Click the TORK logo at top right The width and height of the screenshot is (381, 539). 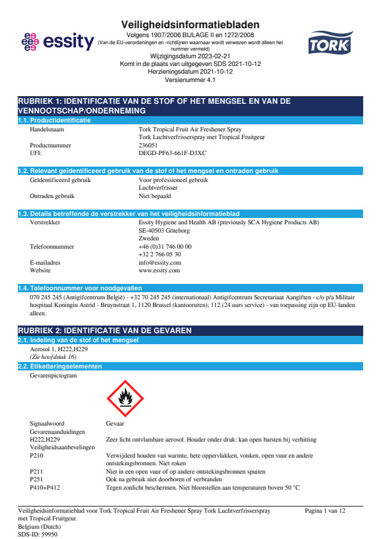tap(330, 44)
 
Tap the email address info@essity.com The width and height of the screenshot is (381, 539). tap(159, 263)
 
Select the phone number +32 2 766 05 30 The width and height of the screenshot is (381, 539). tap(155, 254)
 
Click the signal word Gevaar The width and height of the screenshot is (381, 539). tap(115, 424)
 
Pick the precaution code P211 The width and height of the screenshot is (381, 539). tap(37, 470)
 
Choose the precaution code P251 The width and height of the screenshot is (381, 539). tap(37, 478)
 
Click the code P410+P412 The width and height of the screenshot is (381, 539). tap(45, 486)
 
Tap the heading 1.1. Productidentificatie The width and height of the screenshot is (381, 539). tap(54, 120)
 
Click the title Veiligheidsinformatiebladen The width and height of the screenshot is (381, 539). tap(190, 24)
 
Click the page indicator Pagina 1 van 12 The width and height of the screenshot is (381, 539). tap(325, 511)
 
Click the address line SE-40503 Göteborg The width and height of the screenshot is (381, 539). tap(164, 230)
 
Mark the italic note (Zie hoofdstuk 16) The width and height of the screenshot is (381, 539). tap(53, 356)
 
